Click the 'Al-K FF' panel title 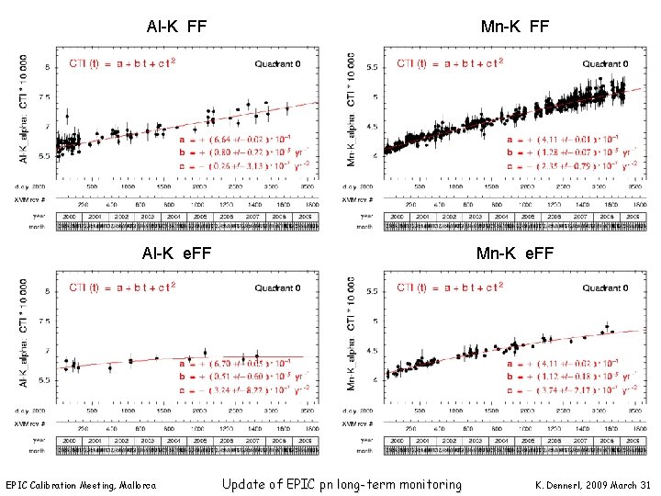176,28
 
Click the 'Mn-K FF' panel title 515,28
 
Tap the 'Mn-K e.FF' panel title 515,254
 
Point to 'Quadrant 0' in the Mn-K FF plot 603,64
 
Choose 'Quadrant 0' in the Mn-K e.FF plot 603,288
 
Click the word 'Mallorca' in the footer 134,485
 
